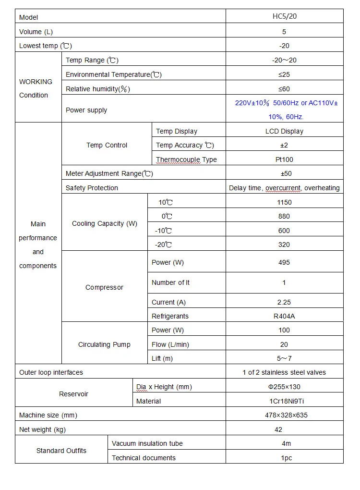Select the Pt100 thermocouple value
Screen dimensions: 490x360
point(284,159)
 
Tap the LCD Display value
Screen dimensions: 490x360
point(284,131)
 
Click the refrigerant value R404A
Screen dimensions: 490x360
point(284,316)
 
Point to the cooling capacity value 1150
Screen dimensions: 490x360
point(284,202)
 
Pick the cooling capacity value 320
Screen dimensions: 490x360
point(284,245)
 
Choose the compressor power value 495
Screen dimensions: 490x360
point(284,262)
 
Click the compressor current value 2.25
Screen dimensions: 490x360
point(284,302)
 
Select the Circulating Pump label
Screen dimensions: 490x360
point(104,344)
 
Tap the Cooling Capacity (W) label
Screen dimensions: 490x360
point(105,223)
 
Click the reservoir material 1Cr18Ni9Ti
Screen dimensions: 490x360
point(284,401)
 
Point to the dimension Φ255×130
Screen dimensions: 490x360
point(284,387)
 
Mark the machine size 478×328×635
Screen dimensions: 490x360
point(284,415)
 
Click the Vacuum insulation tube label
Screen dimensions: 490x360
point(147,443)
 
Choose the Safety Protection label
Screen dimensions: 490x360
point(92,188)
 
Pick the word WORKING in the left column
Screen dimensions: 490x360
point(36,82)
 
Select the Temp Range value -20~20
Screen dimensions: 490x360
point(284,60)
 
